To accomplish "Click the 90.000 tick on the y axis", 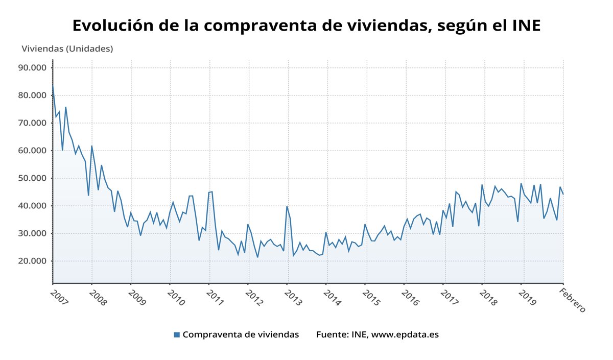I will pos(32,68).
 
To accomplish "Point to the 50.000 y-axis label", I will pos(32,178).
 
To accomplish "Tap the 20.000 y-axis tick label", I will pos(32,261).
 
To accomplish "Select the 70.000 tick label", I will pos(32,123).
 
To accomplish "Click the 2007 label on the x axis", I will pos(59,298).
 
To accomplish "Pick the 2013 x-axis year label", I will pos(293,298).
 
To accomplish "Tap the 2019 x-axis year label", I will pos(528,298).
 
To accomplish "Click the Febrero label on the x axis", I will pos(572,300).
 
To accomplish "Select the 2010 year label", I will pos(176,298).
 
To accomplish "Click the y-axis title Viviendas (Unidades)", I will pos(67,49).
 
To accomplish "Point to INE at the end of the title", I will pos(526,26).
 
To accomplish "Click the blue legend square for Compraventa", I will pos(177,335).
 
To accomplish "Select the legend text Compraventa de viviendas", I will pos(241,335).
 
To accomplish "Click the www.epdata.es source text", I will pos(405,335).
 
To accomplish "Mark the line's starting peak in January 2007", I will pos(53,84).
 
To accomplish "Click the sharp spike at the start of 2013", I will pos(287,206).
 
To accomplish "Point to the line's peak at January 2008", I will pos(92,146).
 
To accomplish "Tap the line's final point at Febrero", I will pos(563,194).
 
